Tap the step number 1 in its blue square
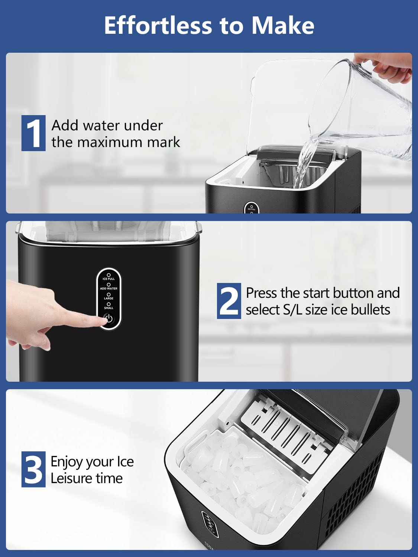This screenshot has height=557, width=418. click(33, 133)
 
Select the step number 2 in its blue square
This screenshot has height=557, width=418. click(229, 301)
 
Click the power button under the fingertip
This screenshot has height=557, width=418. click(108, 319)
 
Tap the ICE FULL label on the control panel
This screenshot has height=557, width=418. click(108, 278)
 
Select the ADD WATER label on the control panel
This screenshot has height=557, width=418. click(108, 288)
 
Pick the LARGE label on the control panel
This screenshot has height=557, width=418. click(108, 298)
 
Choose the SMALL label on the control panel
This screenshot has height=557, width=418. click(108, 308)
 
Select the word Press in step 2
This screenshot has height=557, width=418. click(262, 293)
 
